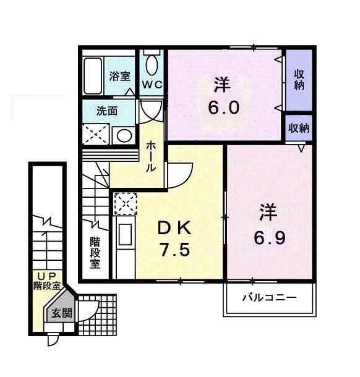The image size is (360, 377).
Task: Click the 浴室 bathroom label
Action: click(x=120, y=76)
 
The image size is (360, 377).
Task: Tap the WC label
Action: click(x=152, y=85)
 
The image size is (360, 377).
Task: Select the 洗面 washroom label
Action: click(x=106, y=112)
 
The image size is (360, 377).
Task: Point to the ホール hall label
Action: click(x=151, y=156)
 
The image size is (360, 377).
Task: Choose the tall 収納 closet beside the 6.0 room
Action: click(x=299, y=80)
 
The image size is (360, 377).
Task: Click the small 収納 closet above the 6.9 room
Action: click(x=298, y=129)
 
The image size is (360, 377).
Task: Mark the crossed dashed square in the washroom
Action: click(x=96, y=133)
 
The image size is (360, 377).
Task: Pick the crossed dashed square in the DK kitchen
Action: click(x=124, y=203)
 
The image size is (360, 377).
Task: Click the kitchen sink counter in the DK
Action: click(x=124, y=238)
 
